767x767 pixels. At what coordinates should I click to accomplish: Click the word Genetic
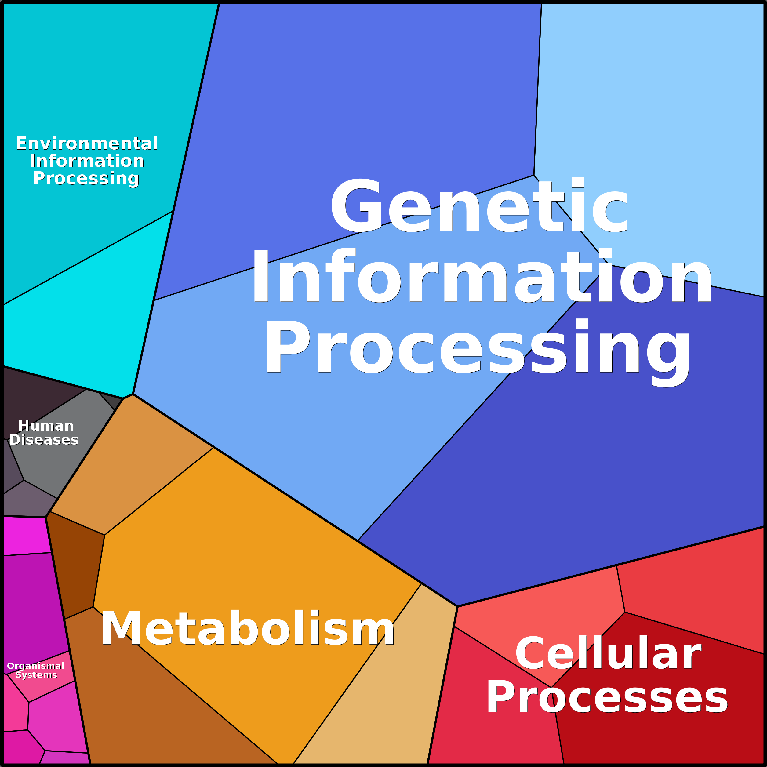479,206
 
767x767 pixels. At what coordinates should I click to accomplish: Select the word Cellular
608,653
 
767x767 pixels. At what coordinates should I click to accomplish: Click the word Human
46,426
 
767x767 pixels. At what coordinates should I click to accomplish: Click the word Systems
36,675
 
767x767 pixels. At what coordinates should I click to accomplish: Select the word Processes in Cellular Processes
607,697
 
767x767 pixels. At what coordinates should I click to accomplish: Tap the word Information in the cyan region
86,161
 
